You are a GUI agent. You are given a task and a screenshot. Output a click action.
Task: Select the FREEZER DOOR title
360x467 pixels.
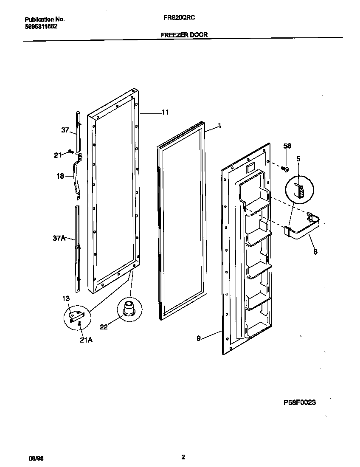point(184,35)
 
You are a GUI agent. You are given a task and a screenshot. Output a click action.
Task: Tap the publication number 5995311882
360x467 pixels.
point(41,26)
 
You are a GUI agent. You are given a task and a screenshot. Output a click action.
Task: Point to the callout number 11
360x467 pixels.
point(165,113)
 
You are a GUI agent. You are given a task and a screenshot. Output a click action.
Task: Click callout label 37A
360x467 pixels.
point(59,239)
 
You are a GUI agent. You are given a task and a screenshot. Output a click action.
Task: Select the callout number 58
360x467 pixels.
point(287,146)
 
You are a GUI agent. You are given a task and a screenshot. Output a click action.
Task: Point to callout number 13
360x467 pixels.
point(66,299)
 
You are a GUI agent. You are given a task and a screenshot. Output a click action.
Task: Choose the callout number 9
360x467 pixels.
point(198,338)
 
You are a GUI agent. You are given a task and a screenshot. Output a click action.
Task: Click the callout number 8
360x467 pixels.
point(315,251)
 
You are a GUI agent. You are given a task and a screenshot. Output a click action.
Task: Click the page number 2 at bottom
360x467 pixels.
point(183,457)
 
